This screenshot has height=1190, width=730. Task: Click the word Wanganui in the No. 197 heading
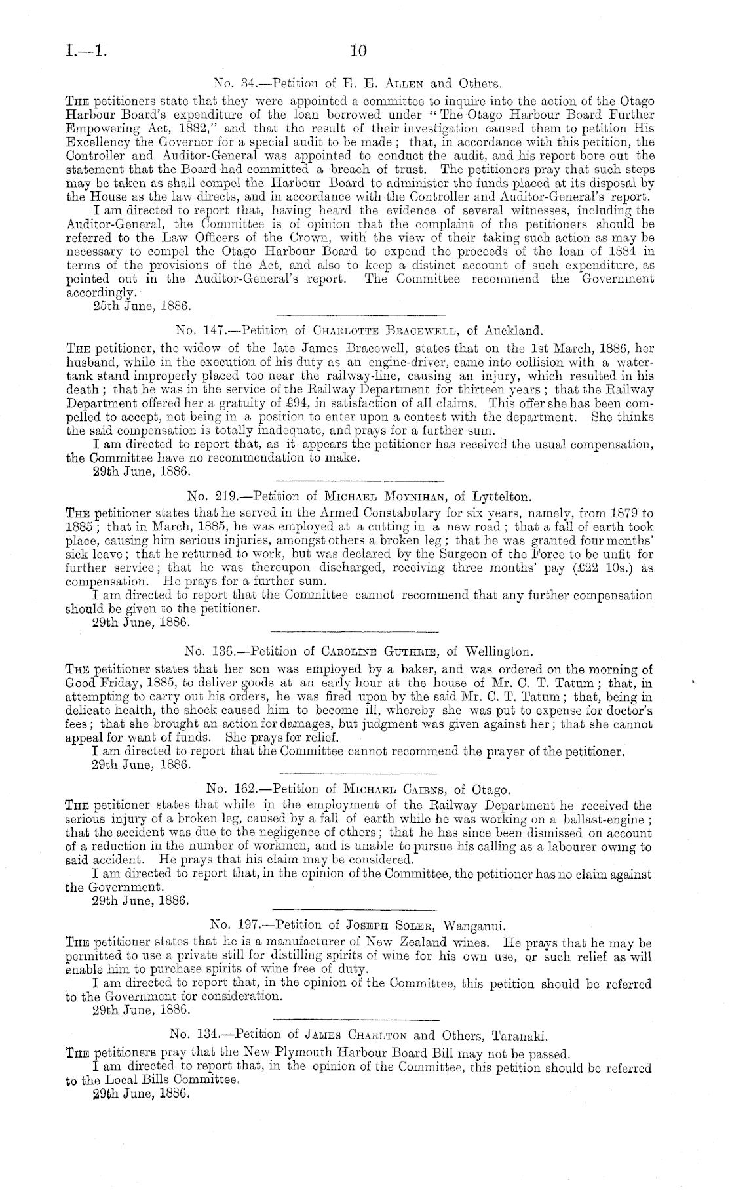(474, 926)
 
